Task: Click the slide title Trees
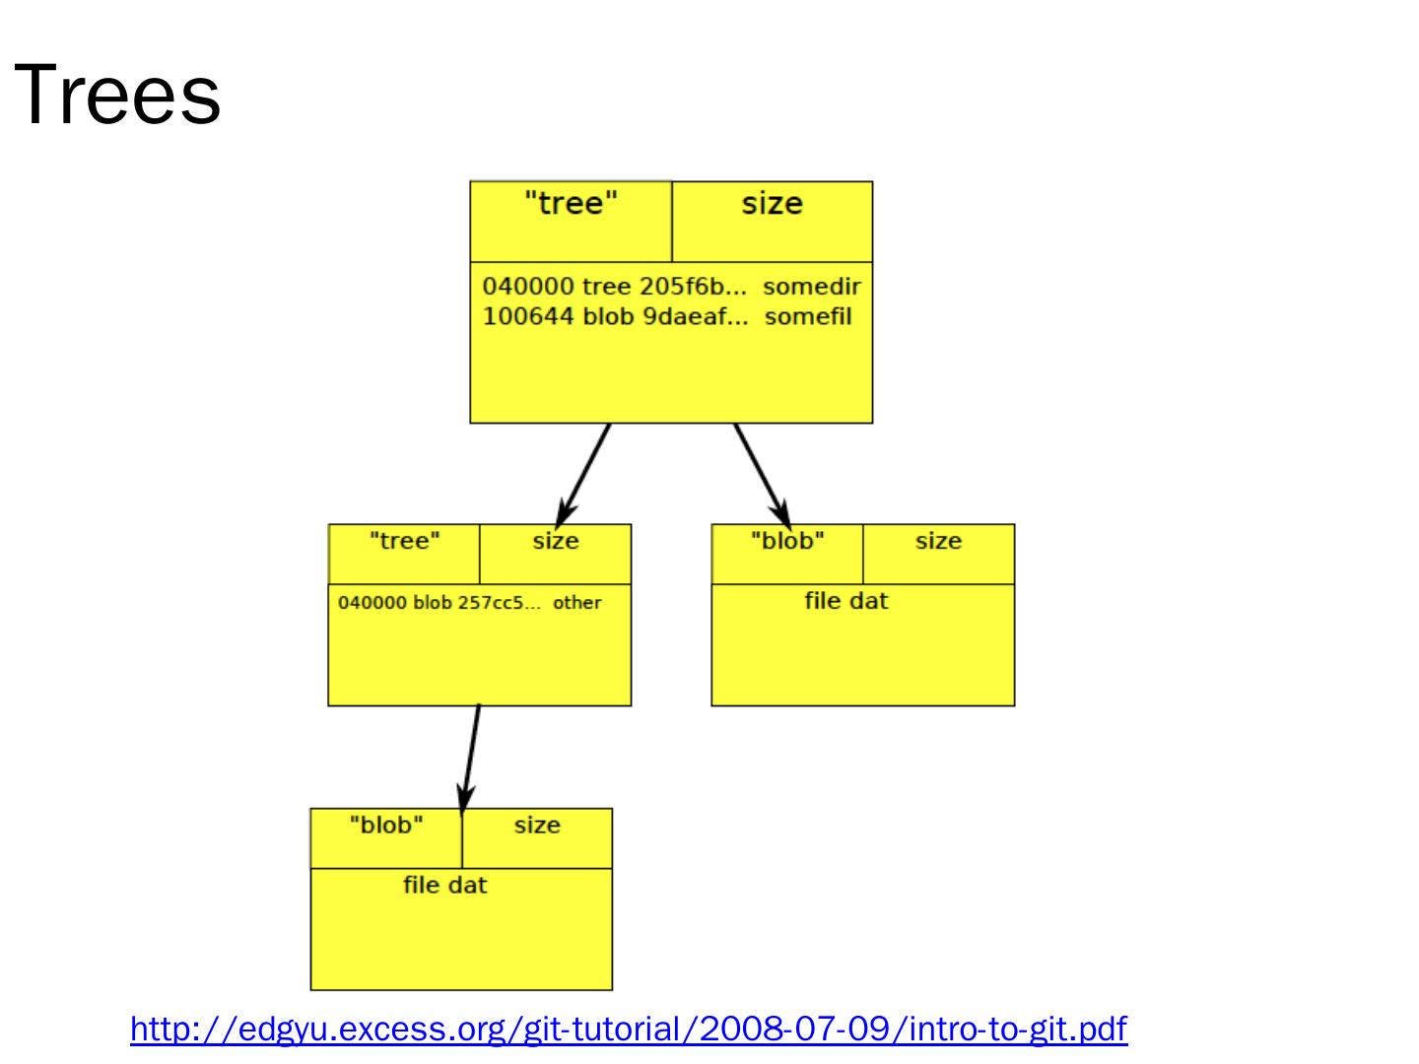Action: click(117, 96)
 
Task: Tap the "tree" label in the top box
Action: click(571, 204)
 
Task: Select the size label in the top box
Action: click(772, 204)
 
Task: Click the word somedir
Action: click(811, 287)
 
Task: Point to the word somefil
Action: click(807, 316)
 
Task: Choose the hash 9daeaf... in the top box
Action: click(695, 316)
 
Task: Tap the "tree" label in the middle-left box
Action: click(404, 541)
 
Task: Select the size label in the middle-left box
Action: click(556, 541)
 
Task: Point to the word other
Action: click(576, 603)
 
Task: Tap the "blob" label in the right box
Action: click(786, 541)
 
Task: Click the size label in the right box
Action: click(938, 541)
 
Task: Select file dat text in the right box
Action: click(845, 601)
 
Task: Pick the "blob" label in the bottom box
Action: click(385, 826)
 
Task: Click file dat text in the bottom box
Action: click(444, 886)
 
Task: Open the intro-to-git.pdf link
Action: click(629, 1029)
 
